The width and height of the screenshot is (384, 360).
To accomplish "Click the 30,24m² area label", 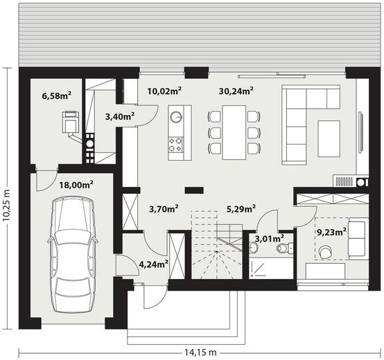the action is tap(236, 91).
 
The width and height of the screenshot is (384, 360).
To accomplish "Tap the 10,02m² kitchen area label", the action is tap(164, 91).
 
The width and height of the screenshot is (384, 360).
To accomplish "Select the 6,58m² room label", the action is tap(57, 96).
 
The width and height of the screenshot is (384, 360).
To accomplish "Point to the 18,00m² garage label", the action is tap(76, 185).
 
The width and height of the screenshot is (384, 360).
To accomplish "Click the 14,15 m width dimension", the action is tap(200, 352).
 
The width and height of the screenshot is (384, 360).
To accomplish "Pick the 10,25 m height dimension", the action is tap(7, 206).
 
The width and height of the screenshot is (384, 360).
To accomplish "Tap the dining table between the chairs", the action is tap(234, 132).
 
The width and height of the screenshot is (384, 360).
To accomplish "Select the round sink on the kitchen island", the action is tap(176, 116).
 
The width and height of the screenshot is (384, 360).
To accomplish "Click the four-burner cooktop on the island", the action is tap(176, 145).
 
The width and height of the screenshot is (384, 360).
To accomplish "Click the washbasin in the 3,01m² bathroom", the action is tap(253, 248).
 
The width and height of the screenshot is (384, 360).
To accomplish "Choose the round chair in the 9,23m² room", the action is tap(326, 253).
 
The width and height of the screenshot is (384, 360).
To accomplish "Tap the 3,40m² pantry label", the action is tap(120, 117).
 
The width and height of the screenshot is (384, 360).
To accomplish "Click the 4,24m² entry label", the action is tap(154, 264).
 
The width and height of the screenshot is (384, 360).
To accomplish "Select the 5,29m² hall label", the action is tap(241, 208).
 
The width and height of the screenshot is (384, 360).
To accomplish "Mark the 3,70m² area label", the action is tap(164, 208).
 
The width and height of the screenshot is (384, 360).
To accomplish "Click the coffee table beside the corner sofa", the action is tap(329, 138).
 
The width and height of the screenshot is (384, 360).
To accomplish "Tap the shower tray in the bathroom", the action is tap(271, 268).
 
